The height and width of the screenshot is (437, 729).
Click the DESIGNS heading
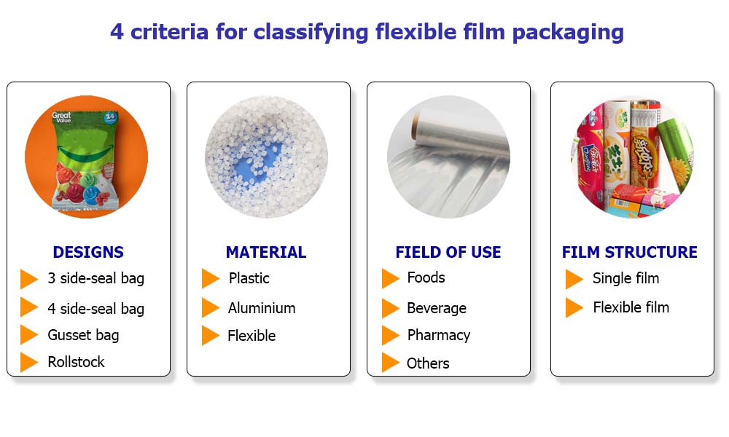[x=88, y=252]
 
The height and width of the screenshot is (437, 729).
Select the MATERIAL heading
[x=266, y=252]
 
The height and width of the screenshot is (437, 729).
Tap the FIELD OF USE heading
[x=448, y=252]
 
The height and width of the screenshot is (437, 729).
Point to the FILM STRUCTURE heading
[x=630, y=252]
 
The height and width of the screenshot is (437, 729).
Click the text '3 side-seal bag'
[x=95, y=278]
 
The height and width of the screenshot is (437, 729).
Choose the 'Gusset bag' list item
[x=83, y=335]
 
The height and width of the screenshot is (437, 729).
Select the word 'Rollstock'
[x=76, y=362]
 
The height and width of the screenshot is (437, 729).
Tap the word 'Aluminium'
[x=261, y=308]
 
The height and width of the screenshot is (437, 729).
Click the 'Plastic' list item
[x=249, y=278]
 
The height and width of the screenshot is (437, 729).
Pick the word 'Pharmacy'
[x=438, y=335]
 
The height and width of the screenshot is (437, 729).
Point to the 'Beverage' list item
[x=437, y=308]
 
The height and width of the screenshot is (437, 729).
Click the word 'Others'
[x=428, y=363]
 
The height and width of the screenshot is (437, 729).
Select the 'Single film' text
[x=625, y=278]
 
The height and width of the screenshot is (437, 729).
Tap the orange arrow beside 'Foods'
[x=391, y=278]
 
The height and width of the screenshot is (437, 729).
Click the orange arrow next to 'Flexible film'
[x=574, y=307]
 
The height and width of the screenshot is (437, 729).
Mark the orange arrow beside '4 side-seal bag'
[x=29, y=307]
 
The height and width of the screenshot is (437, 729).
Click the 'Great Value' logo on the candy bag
[x=61, y=117]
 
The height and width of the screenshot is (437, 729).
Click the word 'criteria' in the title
[x=169, y=32]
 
